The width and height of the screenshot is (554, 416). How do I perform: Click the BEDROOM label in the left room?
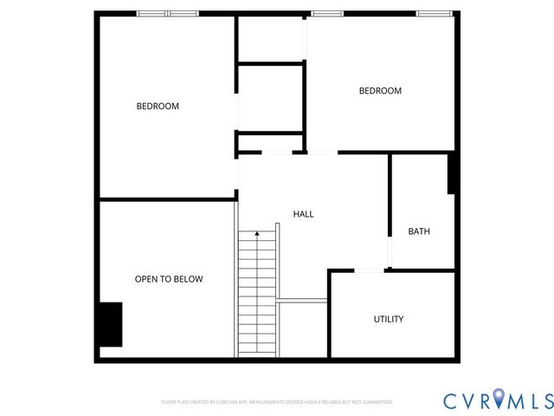pyautogui.click(x=158, y=107)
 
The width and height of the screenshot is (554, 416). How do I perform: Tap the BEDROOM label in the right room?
pyautogui.click(x=380, y=91)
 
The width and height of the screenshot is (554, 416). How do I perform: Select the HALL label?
pyautogui.click(x=303, y=214)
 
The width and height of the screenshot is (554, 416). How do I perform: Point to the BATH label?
pyautogui.click(x=419, y=231)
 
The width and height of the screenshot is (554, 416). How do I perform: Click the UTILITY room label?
pyautogui.click(x=389, y=319)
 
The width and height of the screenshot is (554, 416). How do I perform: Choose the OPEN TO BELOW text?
pyautogui.click(x=169, y=279)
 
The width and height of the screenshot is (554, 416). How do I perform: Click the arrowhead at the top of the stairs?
pyautogui.click(x=257, y=233)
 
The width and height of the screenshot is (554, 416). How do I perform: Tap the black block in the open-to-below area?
pyautogui.click(x=109, y=324)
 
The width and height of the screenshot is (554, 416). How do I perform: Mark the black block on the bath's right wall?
pyautogui.click(x=451, y=173)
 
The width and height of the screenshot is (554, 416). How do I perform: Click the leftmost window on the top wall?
pyautogui.click(x=153, y=14)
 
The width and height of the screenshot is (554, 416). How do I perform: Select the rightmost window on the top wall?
pyautogui.click(x=435, y=14)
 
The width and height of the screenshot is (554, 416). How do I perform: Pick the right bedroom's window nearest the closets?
pyautogui.click(x=327, y=14)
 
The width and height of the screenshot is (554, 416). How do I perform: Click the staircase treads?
pyautogui.click(x=257, y=295)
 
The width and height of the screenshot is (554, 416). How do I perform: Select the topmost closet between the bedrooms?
pyautogui.click(x=270, y=39)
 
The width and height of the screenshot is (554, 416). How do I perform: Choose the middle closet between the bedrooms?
pyautogui.click(x=270, y=97)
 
